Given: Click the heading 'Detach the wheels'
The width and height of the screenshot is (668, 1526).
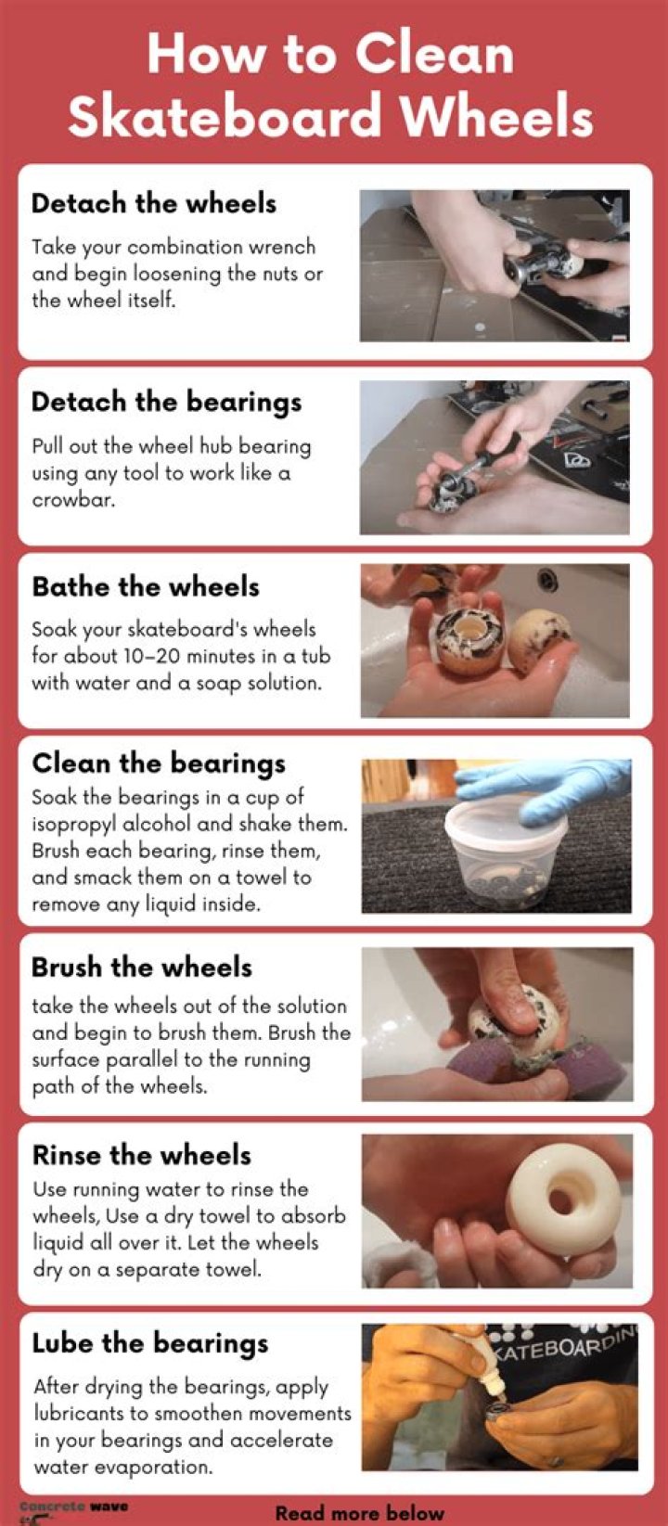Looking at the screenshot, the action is pos(153,204).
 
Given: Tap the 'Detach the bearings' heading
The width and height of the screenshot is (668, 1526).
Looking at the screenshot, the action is pos(166,403).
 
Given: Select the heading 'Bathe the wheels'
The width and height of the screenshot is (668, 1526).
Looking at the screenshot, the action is pos(146,586).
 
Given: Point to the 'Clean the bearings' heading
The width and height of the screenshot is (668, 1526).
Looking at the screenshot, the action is pos(159,763).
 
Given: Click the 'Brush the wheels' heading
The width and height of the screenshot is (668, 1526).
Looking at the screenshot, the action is pos(142,968).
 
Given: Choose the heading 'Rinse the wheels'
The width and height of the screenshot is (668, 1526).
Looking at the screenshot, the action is pos(142,1156).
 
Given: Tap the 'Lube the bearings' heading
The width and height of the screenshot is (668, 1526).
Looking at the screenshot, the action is pos(150,1344).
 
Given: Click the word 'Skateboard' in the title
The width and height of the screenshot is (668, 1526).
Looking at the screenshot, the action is pos(225,115).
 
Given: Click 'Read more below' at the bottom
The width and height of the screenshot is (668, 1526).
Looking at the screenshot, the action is pos(359,1512).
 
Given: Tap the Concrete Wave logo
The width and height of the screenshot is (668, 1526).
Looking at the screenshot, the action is pos(71,1510).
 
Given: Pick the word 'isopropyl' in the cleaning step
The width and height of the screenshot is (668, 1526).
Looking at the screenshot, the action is pos(74,825).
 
